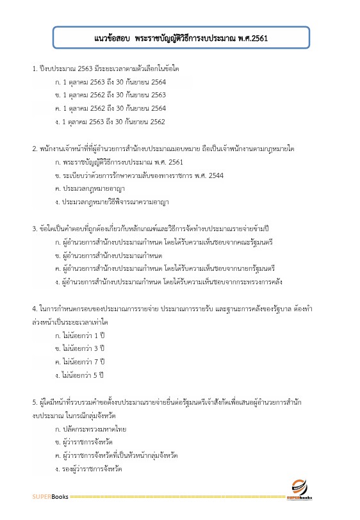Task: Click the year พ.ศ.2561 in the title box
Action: [x=252, y=38]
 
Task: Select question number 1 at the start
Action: [x=35, y=68]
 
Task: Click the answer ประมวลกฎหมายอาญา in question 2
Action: [x=93, y=189]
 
